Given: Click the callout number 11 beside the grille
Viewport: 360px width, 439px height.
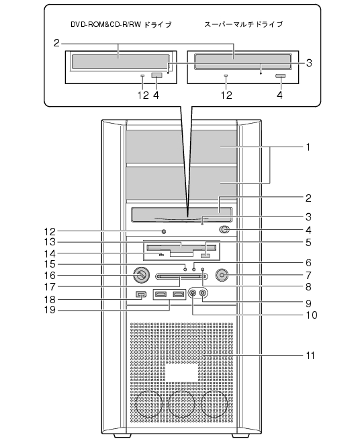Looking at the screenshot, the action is (x=310, y=355).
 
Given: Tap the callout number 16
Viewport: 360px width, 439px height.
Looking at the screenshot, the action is (x=50, y=275).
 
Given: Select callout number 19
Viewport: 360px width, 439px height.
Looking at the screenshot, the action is (x=50, y=310).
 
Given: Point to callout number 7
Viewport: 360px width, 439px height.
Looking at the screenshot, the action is (x=308, y=275).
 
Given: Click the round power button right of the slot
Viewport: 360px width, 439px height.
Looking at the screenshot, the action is (x=222, y=275).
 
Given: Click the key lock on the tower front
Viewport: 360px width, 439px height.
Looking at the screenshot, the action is (x=141, y=275).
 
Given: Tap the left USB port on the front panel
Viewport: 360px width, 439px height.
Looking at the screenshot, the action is (x=161, y=294).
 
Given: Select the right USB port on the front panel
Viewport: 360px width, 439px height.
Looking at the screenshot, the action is (x=179, y=294).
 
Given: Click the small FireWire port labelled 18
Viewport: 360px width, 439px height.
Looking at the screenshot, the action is (x=141, y=294).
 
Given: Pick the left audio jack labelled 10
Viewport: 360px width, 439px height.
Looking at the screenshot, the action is (x=193, y=293).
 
